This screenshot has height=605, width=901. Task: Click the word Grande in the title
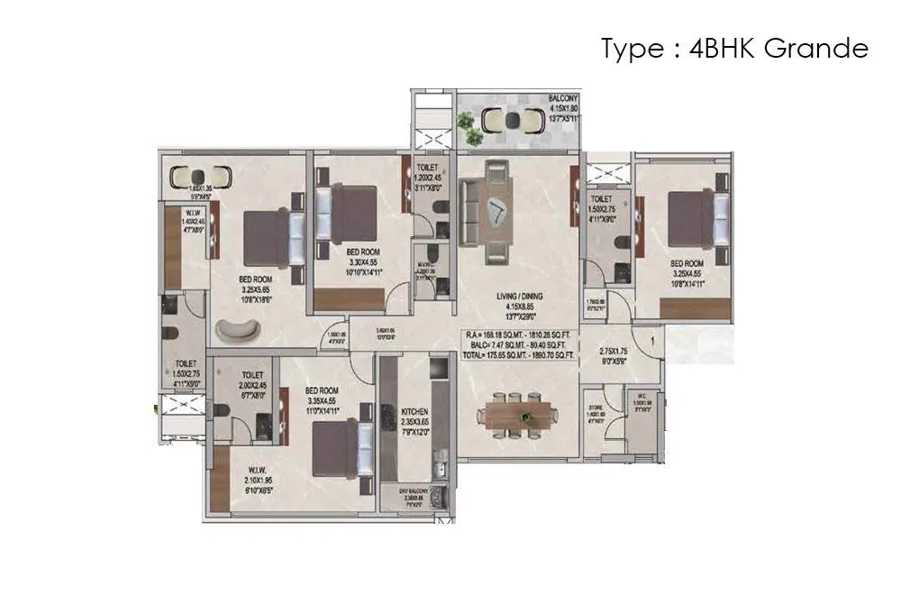[x=815, y=49]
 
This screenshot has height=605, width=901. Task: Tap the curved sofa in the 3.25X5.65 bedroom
[x=236, y=330]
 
